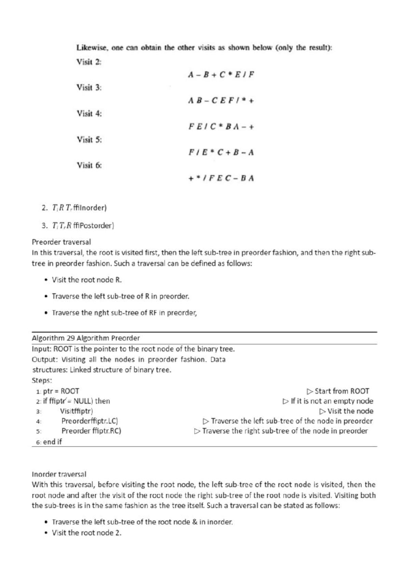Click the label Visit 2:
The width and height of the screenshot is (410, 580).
click(x=89, y=62)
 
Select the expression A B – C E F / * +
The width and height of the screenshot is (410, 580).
click(x=221, y=100)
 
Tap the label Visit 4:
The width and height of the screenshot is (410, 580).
click(x=89, y=113)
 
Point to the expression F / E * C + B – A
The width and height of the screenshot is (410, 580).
click(x=221, y=152)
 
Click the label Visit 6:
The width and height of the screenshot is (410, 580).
click(x=89, y=165)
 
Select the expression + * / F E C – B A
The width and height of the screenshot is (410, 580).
click(x=221, y=178)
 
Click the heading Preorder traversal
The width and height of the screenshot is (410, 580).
click(x=61, y=242)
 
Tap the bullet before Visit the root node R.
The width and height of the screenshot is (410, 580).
click(x=46, y=280)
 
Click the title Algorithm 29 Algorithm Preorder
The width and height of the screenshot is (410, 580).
click(x=86, y=338)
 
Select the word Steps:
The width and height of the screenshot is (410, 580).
click(x=42, y=380)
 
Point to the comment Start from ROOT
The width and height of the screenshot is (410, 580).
click(x=342, y=391)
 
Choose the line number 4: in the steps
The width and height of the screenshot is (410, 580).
click(x=39, y=421)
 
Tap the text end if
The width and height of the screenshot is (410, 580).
click(x=52, y=442)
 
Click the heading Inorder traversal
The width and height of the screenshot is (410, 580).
click(x=59, y=474)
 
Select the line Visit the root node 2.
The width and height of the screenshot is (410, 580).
click(x=86, y=532)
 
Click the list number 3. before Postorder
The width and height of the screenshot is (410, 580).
click(x=44, y=226)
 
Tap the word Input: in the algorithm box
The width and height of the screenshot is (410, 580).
click(x=42, y=349)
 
